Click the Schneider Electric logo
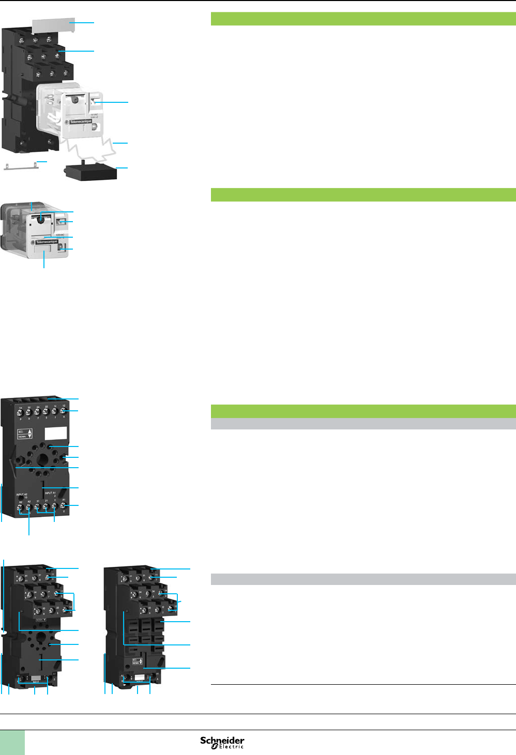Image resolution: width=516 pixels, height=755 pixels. click(222, 742)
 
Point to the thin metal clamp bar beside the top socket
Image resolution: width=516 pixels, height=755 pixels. click(21, 165)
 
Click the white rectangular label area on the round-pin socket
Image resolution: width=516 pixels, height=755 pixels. click(56, 433)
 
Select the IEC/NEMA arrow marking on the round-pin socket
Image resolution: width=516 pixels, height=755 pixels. click(25, 434)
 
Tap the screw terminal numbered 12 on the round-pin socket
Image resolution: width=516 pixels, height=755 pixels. click(63, 411)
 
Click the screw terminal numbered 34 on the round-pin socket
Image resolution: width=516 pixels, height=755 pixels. click(21, 412)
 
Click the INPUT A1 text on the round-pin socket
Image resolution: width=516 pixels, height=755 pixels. click(50, 493)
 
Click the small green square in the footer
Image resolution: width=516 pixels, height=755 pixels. click(12, 743)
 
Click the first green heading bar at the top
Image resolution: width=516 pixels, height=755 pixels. click(363, 19)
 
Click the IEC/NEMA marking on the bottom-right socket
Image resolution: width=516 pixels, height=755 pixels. click(139, 661)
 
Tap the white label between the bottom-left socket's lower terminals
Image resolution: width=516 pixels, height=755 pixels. click(36, 678)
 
